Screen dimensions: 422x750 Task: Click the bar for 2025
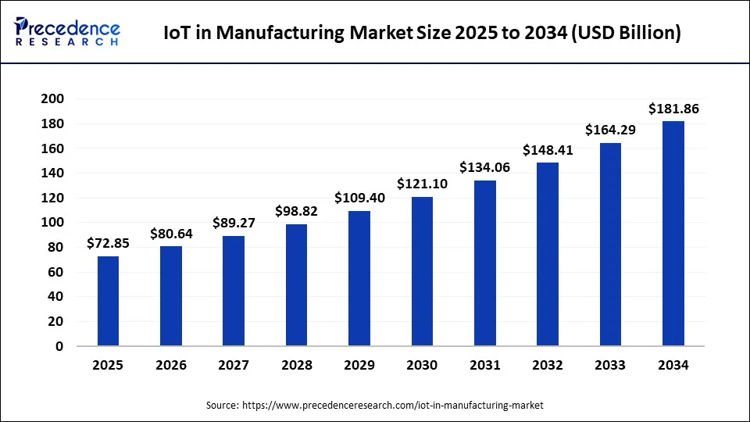tap(109, 301)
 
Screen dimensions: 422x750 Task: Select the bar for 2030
tap(422, 271)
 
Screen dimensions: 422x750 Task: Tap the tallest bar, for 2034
tap(673, 234)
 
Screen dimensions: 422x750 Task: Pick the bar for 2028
tap(296, 285)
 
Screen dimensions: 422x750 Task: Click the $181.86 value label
tap(673, 109)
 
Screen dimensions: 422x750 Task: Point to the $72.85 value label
tap(109, 245)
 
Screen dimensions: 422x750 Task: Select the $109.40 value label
tap(359, 198)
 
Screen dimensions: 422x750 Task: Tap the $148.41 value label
tap(547, 150)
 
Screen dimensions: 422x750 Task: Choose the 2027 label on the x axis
tap(234, 366)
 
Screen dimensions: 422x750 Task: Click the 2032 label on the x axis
tap(547, 366)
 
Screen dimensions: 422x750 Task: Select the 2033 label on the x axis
tap(609, 366)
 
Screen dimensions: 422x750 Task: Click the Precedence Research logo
tap(67, 32)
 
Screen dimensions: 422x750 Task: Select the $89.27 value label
tap(234, 224)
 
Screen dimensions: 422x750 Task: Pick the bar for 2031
tap(484, 263)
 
